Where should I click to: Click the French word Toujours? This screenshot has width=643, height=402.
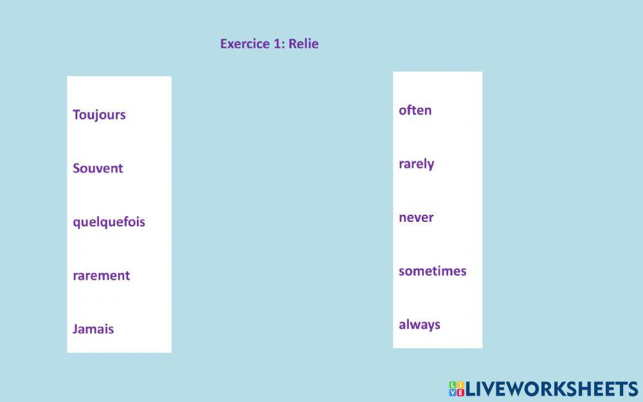point(99,115)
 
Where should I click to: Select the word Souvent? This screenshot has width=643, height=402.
point(98,169)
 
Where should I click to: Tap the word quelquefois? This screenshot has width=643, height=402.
point(109,222)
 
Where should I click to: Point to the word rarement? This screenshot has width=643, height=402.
point(101,275)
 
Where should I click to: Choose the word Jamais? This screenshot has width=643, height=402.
point(93,329)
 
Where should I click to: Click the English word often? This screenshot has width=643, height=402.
point(415,110)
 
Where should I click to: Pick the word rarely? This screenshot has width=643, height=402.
point(416,164)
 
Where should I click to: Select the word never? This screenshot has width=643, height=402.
point(416,217)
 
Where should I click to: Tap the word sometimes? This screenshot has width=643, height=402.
point(432,271)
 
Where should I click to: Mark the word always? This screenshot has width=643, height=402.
point(419,325)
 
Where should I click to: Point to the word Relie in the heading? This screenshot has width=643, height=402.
point(303,44)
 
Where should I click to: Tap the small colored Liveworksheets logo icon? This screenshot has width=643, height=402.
point(457,388)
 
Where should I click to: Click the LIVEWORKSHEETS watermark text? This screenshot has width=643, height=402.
point(552,388)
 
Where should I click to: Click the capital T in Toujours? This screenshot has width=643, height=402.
point(77,115)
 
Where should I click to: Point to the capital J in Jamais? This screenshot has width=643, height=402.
point(75,329)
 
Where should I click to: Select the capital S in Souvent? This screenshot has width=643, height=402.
point(77,169)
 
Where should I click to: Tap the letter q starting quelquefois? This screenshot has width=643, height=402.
point(77,223)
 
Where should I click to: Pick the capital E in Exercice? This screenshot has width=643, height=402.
point(224,44)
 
